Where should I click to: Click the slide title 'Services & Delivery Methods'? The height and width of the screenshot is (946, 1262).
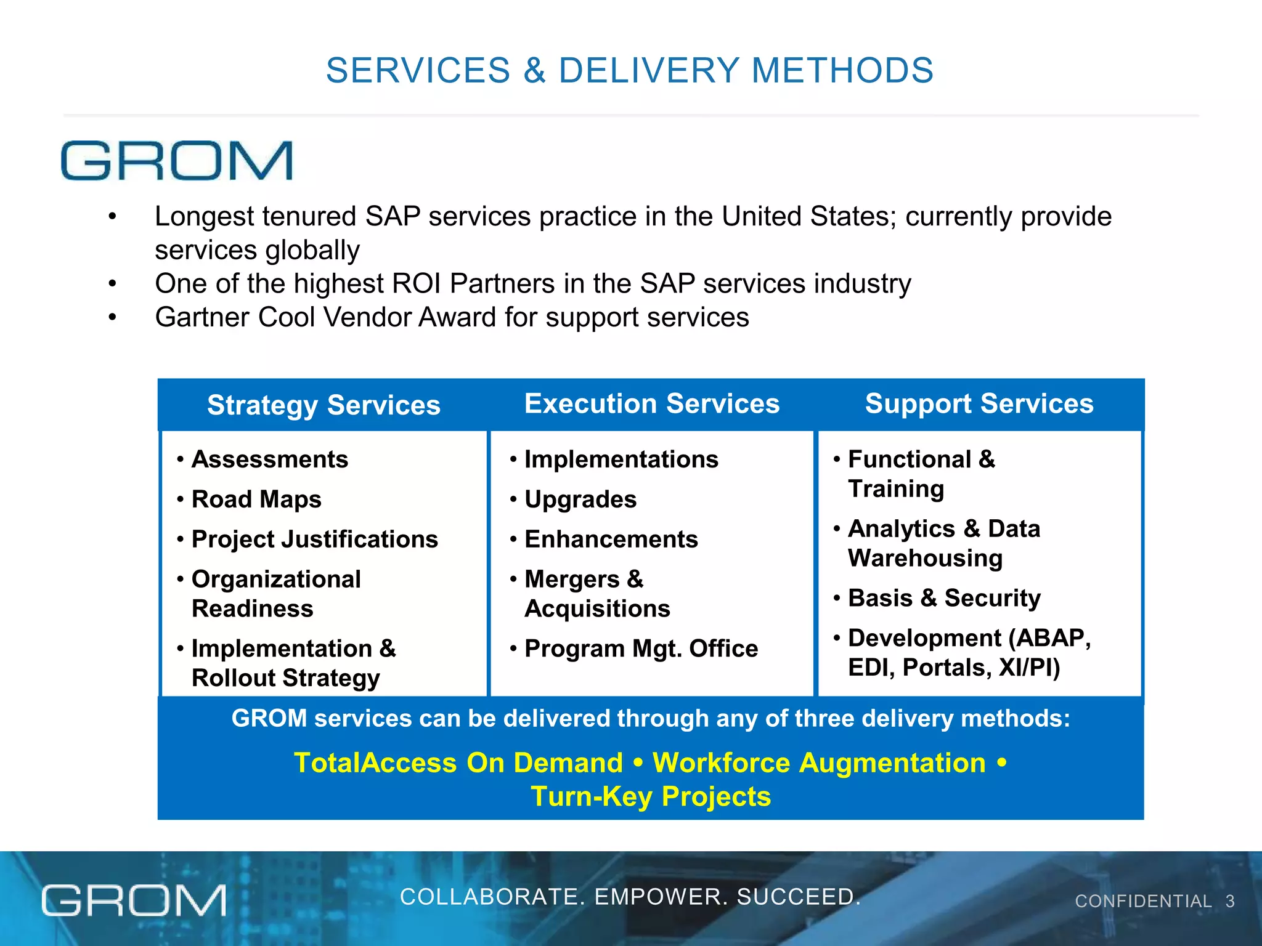pos(630,70)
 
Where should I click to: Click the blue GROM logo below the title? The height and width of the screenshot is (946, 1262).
pos(177,161)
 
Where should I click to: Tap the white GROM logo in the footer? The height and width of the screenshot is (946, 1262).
pos(134,900)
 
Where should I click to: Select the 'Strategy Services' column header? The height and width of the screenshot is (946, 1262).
pos(324,405)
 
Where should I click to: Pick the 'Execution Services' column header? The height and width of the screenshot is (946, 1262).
pos(651,404)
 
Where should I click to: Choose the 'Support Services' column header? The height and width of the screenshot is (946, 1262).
pos(979,404)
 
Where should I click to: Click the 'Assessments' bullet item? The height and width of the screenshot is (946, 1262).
pos(270,459)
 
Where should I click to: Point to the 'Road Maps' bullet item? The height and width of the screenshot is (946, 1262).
pos(256,499)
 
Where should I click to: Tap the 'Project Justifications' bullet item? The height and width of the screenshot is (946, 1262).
pos(314,540)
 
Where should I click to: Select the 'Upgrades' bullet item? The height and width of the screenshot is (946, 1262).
pos(580,499)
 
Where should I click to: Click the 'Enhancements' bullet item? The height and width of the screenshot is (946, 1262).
pos(611,540)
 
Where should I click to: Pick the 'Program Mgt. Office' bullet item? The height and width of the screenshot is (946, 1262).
pos(641,649)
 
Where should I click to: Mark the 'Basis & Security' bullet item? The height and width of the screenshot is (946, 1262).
pos(944,598)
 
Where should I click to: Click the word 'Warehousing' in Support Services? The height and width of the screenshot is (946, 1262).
pos(925,559)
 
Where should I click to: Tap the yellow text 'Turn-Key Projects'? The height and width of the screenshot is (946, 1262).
pos(651,796)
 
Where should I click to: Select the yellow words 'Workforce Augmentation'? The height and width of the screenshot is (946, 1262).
pos(819,763)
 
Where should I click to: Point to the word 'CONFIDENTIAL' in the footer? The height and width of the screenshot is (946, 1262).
pos(1143,902)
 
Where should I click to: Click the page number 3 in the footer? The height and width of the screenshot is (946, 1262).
pos(1230,902)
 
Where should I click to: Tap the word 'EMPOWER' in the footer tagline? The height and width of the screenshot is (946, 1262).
pos(659,897)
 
